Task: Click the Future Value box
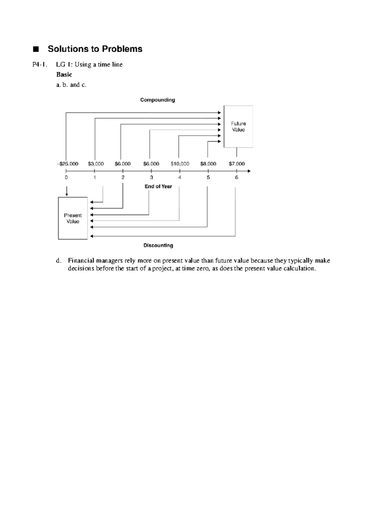(x=238, y=126)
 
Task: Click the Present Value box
(x=73, y=218)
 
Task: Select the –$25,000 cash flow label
(x=68, y=164)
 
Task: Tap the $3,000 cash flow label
(x=96, y=164)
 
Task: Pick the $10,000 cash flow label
(x=180, y=164)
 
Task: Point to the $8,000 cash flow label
(x=208, y=164)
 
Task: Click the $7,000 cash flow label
(x=237, y=164)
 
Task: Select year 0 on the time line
(x=66, y=178)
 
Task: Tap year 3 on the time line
(x=151, y=178)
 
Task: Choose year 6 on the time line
(x=237, y=178)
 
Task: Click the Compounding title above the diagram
(x=157, y=100)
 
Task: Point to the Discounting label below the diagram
(x=158, y=246)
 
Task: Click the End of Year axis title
(x=158, y=187)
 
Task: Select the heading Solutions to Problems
(x=95, y=49)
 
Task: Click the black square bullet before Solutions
(x=36, y=49)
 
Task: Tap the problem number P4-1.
(x=39, y=65)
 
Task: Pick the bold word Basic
(x=64, y=74)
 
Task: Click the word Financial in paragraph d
(x=81, y=261)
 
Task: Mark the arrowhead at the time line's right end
(x=249, y=171)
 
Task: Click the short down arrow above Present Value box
(x=66, y=191)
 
